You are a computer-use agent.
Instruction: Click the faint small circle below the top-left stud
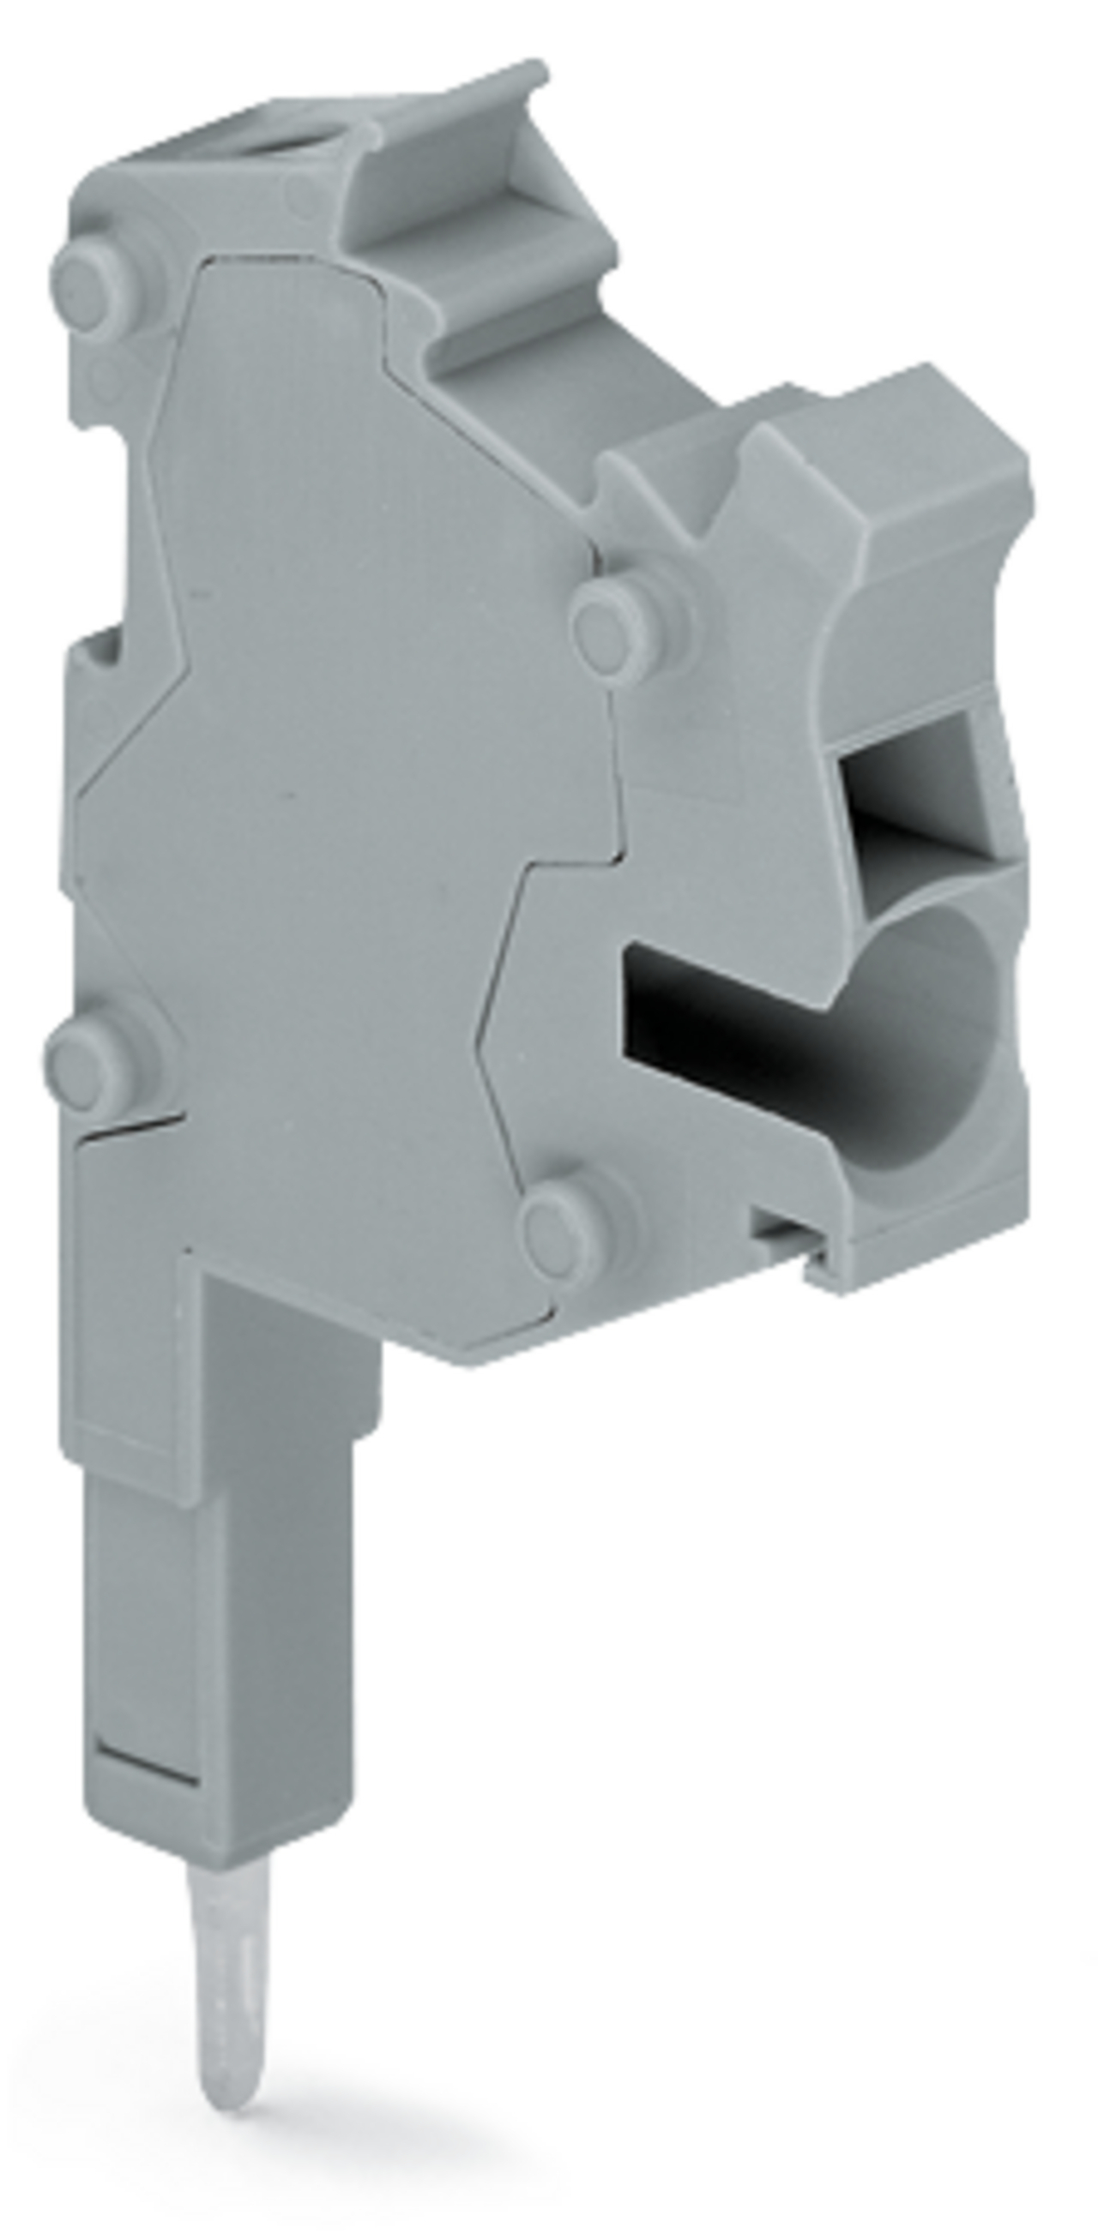coord(106,375)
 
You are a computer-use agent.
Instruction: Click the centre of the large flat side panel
coord(347,824)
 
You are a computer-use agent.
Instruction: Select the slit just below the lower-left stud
coord(130,1127)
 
